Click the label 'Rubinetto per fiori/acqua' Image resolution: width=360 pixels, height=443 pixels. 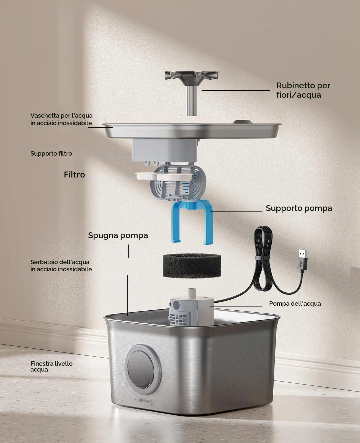pos(303,90)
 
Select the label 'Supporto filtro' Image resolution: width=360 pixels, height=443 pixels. pos(51,153)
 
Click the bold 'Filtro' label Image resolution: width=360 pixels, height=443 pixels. pos(74,175)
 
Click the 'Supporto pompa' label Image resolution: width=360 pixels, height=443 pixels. pos(299,208)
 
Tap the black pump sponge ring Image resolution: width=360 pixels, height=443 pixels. pos(192,266)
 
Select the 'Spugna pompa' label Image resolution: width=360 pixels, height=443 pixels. pos(118,235)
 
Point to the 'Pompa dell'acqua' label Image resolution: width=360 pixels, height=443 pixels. pos(295,303)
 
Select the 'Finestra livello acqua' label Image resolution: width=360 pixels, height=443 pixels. pos(51,366)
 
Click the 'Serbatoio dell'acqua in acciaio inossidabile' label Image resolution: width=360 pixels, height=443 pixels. pos(61,266)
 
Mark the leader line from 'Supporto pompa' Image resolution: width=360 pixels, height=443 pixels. pos(236,211)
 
